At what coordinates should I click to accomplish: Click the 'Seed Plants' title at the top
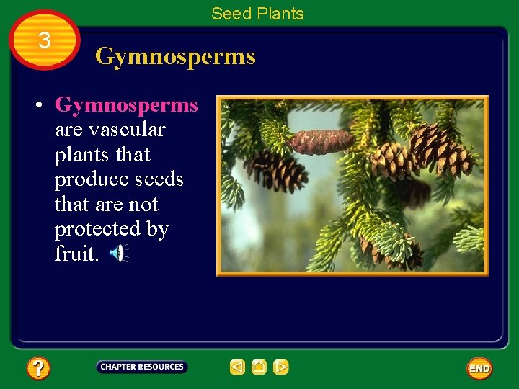[257, 14]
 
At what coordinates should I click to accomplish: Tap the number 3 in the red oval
[45, 41]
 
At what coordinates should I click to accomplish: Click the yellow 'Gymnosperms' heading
[175, 56]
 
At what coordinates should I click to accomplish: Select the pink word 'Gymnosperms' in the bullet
[126, 105]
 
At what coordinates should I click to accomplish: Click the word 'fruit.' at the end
[76, 254]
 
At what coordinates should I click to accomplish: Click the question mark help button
[38, 369]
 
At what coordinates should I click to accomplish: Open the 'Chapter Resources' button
[142, 367]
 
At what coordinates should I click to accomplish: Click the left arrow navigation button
[237, 367]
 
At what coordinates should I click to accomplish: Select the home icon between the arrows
[259, 367]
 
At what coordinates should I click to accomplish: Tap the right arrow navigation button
[281, 367]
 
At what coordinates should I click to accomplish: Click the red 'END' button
[479, 369]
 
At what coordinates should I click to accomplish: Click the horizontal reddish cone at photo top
[321, 140]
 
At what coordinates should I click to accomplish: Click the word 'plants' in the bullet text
[79, 155]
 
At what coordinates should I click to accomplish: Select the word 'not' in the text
[143, 205]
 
